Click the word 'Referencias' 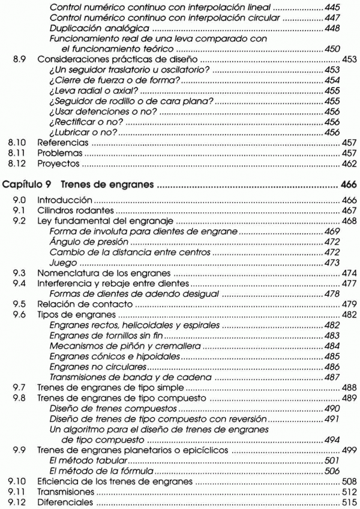(59, 144)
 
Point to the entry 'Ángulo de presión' (90, 242)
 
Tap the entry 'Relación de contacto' (79, 304)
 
